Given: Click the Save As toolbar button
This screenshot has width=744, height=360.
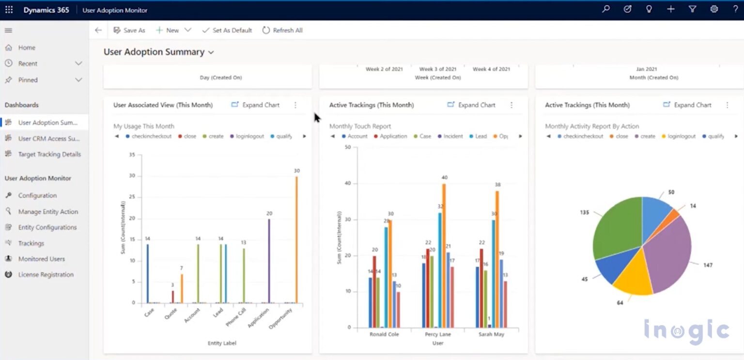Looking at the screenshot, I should click(129, 30).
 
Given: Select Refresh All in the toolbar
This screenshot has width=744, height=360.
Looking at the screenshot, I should click(282, 30).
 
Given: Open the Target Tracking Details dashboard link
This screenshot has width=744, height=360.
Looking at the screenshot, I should click(49, 154).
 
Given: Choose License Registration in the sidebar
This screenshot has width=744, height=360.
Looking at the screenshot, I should click(46, 274).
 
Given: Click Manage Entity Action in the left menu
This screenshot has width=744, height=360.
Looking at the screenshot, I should click(47, 211).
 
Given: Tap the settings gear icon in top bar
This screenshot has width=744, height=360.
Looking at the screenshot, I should click(714, 9).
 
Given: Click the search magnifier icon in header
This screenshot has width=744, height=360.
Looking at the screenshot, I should click(605, 9).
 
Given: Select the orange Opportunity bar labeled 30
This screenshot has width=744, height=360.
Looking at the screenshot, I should click(296, 240).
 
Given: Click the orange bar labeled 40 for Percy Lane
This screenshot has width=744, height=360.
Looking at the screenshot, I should click(444, 255).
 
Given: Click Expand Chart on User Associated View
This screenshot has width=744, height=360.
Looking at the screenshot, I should click(255, 105).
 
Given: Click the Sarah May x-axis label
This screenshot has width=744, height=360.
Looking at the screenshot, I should click(491, 334).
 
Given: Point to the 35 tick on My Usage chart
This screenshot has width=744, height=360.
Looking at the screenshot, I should click(132, 155).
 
